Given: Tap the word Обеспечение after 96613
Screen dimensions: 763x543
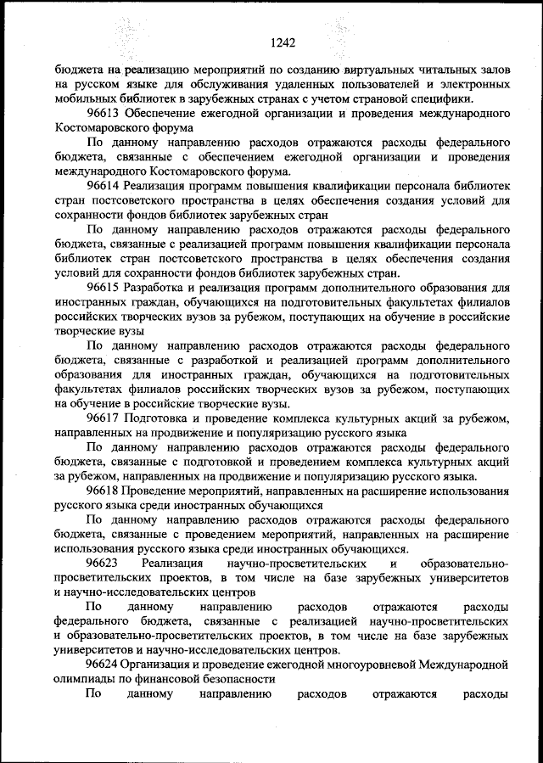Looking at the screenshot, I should pyautogui.click(x=160, y=112).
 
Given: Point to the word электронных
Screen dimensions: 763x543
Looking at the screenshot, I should pyautogui.click(x=474, y=83).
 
